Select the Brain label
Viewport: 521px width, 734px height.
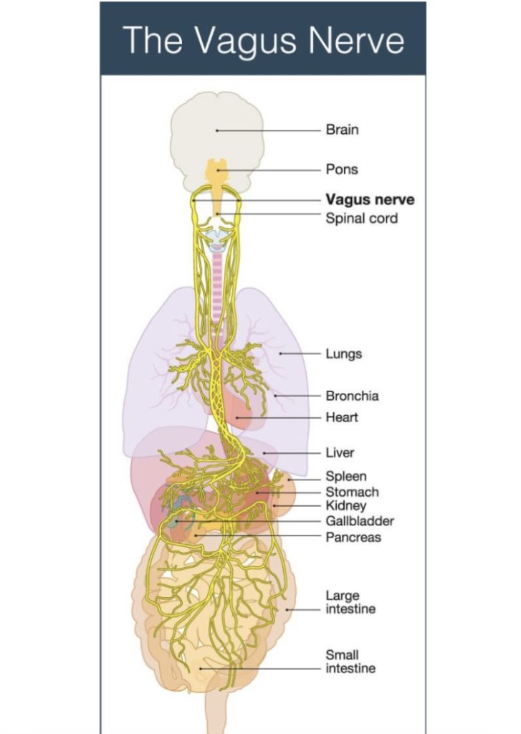[x=342, y=130]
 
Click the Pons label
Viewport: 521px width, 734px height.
[x=341, y=169]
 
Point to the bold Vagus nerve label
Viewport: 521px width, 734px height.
[x=370, y=200]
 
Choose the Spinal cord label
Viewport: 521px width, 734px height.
[x=361, y=217]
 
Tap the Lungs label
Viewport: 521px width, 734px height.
[x=343, y=353]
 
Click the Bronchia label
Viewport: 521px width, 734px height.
[x=352, y=396]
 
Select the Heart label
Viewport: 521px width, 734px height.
[x=342, y=416]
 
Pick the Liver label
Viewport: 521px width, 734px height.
[x=340, y=453]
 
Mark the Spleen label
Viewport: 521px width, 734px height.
[x=346, y=477]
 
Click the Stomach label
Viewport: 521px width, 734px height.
[x=352, y=492]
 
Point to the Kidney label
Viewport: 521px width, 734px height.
[x=345, y=506]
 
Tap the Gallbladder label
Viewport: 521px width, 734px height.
[x=360, y=521]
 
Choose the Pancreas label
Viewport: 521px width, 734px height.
[x=353, y=537]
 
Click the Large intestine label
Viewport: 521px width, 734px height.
[x=350, y=602]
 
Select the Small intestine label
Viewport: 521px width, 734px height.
[x=350, y=662]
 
